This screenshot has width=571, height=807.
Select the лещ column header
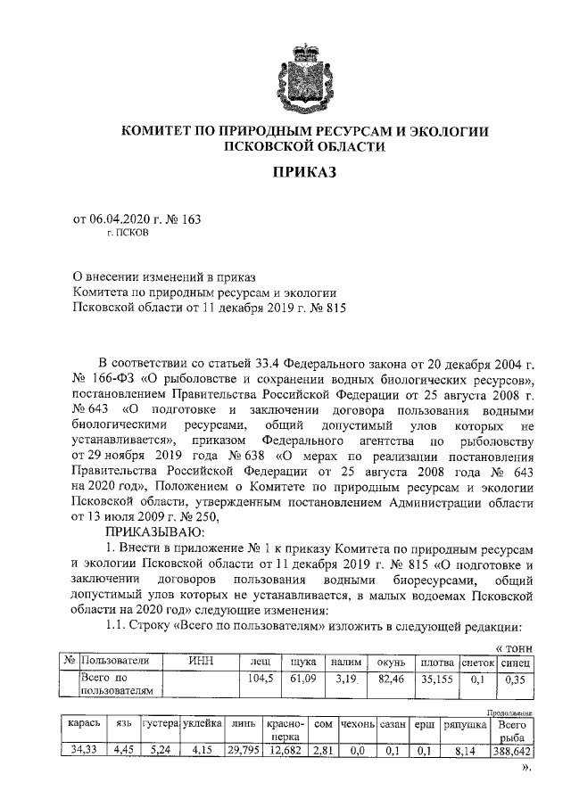point(261,662)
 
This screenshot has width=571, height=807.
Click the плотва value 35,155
point(436,679)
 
